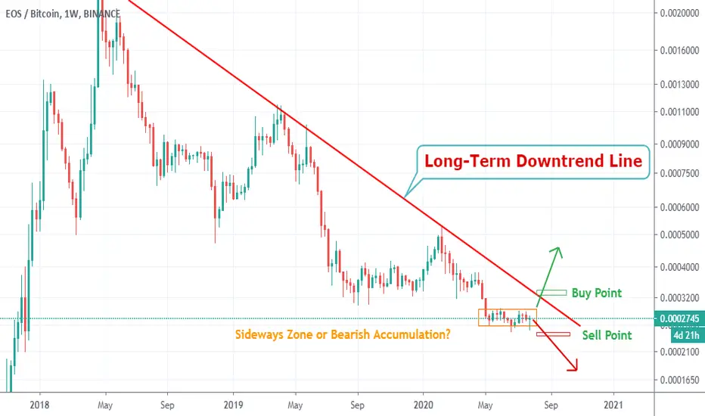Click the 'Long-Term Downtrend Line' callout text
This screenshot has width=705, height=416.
(x=533, y=161)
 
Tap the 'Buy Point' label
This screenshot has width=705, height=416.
(x=597, y=293)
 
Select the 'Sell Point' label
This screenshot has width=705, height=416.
(x=607, y=335)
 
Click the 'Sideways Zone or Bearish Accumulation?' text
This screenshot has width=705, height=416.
(x=343, y=334)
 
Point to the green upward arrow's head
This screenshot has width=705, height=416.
(x=557, y=251)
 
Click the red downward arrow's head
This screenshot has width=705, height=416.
(x=573, y=365)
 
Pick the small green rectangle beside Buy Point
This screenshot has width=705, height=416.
(x=551, y=293)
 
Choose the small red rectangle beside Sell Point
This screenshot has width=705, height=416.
(x=553, y=334)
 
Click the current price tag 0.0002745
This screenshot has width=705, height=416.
(x=679, y=318)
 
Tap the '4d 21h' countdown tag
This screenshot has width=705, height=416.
(x=686, y=335)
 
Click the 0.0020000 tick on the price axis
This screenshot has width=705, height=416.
(x=679, y=13)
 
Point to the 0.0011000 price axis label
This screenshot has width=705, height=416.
(x=679, y=112)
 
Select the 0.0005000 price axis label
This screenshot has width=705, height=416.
(x=679, y=234)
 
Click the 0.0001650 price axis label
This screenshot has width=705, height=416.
(x=679, y=380)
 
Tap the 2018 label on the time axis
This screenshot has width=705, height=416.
(x=39, y=405)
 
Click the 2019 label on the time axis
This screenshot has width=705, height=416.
(x=233, y=405)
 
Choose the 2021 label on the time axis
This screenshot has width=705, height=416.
(x=613, y=405)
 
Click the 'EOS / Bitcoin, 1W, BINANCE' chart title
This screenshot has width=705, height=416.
(x=63, y=14)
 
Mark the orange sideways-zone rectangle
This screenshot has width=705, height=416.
(x=479, y=317)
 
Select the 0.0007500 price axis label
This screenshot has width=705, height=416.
(x=679, y=174)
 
